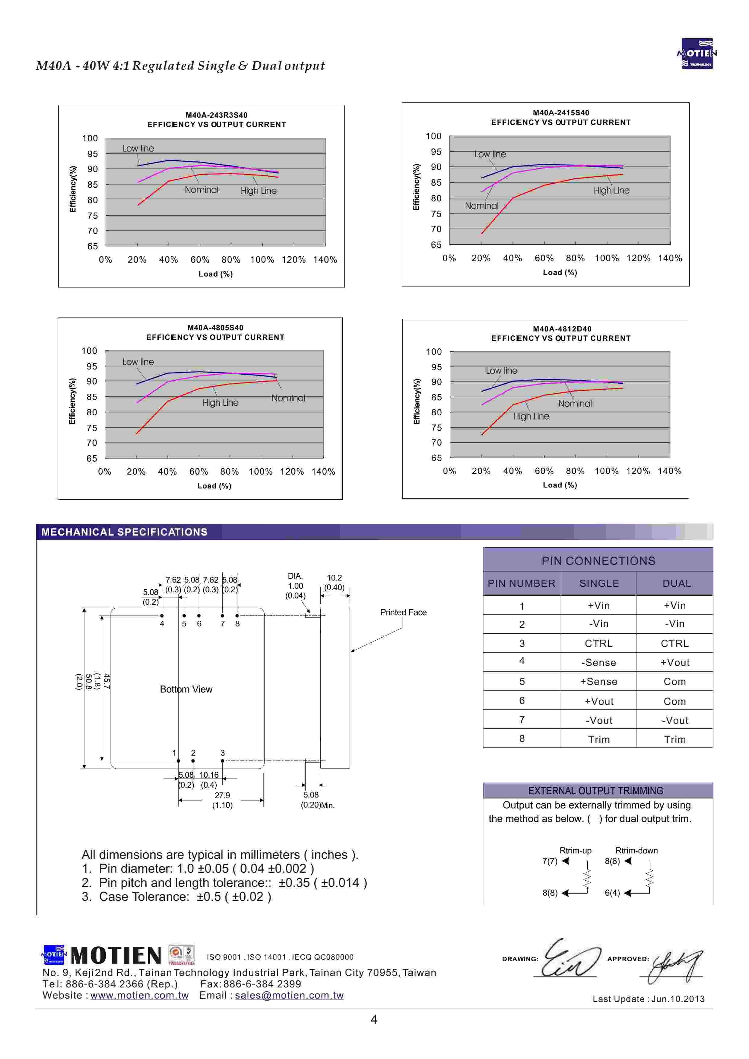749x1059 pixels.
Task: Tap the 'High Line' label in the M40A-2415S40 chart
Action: (611, 190)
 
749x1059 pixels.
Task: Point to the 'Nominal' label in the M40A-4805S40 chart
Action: (288, 398)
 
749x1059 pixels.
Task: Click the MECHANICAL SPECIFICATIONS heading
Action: (125, 532)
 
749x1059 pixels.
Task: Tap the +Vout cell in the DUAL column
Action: (675, 663)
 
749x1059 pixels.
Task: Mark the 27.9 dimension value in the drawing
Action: (222, 795)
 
